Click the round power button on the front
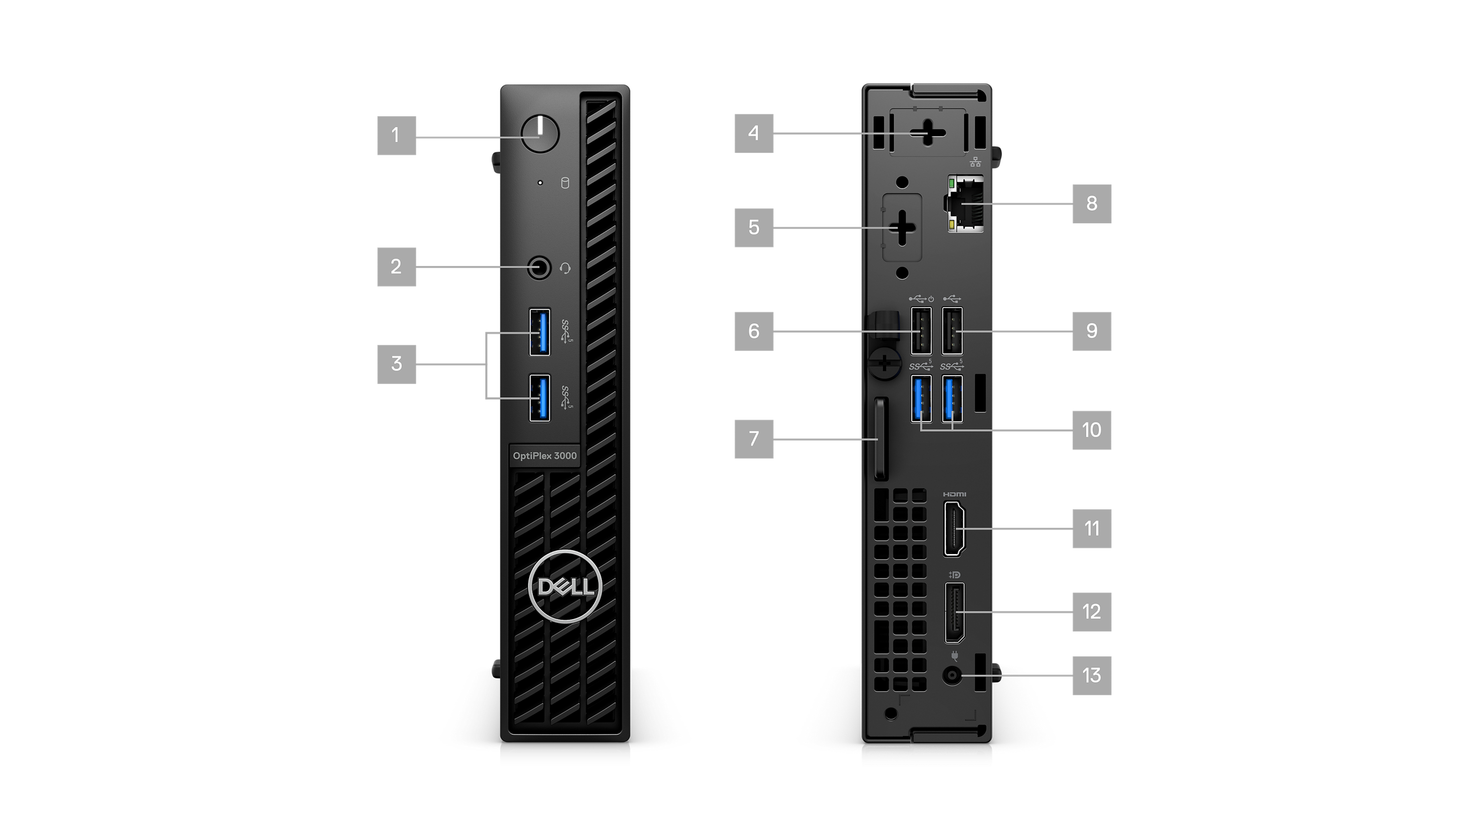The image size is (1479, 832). click(x=540, y=134)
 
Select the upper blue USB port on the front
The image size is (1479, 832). click(x=540, y=332)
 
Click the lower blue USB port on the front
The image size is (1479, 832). click(x=540, y=398)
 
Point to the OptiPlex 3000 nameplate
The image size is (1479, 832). click(x=545, y=455)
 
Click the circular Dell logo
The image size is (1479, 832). click(x=565, y=586)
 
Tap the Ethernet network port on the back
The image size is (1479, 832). click(x=965, y=204)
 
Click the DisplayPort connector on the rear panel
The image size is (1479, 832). click(x=955, y=612)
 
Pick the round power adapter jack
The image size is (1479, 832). click(x=952, y=675)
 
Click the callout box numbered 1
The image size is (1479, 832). click(x=396, y=136)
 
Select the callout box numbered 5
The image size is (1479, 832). click(x=754, y=227)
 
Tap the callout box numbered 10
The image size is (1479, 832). click(x=1092, y=430)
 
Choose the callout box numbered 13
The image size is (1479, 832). click(x=1092, y=676)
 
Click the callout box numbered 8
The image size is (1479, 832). click(x=1092, y=204)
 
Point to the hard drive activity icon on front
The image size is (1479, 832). click(x=565, y=183)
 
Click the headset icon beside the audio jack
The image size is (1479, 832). click(x=565, y=269)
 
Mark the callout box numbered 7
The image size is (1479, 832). click(x=754, y=439)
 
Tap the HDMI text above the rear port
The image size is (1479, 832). click(x=955, y=494)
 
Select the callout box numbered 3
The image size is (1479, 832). click(x=396, y=364)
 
